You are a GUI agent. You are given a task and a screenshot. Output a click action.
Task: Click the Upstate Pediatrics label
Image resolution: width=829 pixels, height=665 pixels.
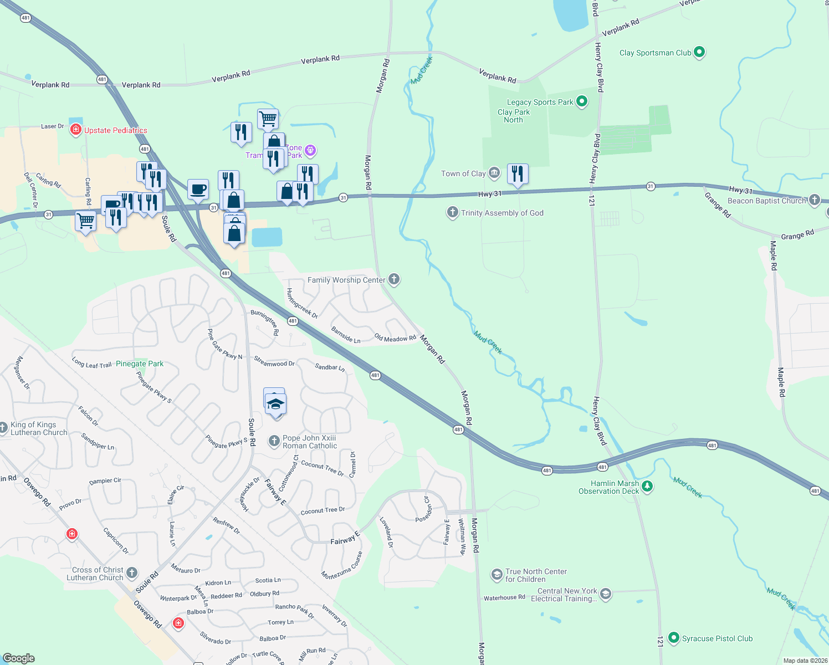point(115,131)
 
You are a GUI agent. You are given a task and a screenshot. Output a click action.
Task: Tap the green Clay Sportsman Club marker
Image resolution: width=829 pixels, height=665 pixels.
point(699,53)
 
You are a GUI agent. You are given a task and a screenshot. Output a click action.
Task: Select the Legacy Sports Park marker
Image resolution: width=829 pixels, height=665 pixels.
point(582,101)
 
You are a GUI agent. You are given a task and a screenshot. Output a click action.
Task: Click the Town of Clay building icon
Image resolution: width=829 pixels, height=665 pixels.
point(494,173)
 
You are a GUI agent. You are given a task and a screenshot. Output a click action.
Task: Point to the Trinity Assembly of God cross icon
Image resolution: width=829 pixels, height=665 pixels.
point(453,212)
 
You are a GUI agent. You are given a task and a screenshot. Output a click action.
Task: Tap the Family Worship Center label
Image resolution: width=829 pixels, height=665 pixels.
point(346,280)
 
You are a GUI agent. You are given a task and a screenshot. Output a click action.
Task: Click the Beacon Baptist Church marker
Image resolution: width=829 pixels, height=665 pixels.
point(814,200)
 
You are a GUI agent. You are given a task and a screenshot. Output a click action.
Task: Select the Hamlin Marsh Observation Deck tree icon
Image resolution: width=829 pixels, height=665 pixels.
point(647,487)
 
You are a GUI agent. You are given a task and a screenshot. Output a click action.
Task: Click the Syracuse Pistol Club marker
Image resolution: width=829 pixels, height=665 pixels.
point(674,638)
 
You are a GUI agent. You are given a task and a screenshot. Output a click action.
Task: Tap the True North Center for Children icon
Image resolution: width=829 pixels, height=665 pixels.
point(497,575)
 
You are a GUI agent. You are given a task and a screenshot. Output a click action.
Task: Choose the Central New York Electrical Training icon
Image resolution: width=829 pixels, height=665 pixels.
point(606,595)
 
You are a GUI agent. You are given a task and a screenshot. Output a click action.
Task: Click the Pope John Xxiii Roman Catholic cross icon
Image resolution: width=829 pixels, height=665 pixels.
point(274,441)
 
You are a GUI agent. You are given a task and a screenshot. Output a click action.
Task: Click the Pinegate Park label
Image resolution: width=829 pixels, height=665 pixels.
point(140,364)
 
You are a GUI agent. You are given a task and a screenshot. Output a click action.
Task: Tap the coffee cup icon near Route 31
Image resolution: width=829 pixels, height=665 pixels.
point(198,190)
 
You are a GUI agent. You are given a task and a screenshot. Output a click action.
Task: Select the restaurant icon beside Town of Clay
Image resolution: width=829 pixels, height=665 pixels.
point(518,174)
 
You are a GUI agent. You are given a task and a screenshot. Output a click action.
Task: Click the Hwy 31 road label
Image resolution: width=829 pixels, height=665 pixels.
point(489,194)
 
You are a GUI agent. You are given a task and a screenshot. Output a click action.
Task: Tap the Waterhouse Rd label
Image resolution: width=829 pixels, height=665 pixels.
point(504,597)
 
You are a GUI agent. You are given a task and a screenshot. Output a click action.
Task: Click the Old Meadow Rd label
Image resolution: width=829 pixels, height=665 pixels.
point(395,338)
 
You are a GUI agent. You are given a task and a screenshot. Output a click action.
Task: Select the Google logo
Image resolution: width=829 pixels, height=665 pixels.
point(19,658)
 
